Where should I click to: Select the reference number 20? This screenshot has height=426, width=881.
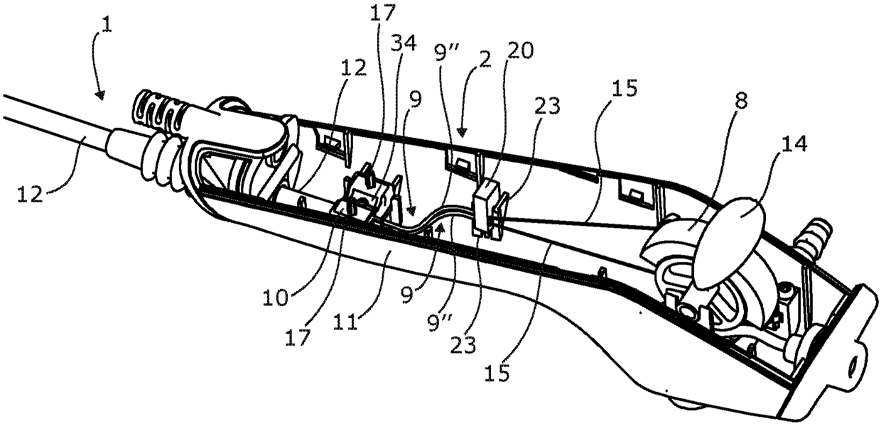pyautogui.click(x=519, y=50)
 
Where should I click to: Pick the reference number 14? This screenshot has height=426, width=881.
pyautogui.click(x=794, y=145)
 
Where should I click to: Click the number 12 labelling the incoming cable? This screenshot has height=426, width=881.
pyautogui.click(x=31, y=194)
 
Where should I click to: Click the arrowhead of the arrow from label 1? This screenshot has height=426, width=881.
pyautogui.click(x=101, y=95)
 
